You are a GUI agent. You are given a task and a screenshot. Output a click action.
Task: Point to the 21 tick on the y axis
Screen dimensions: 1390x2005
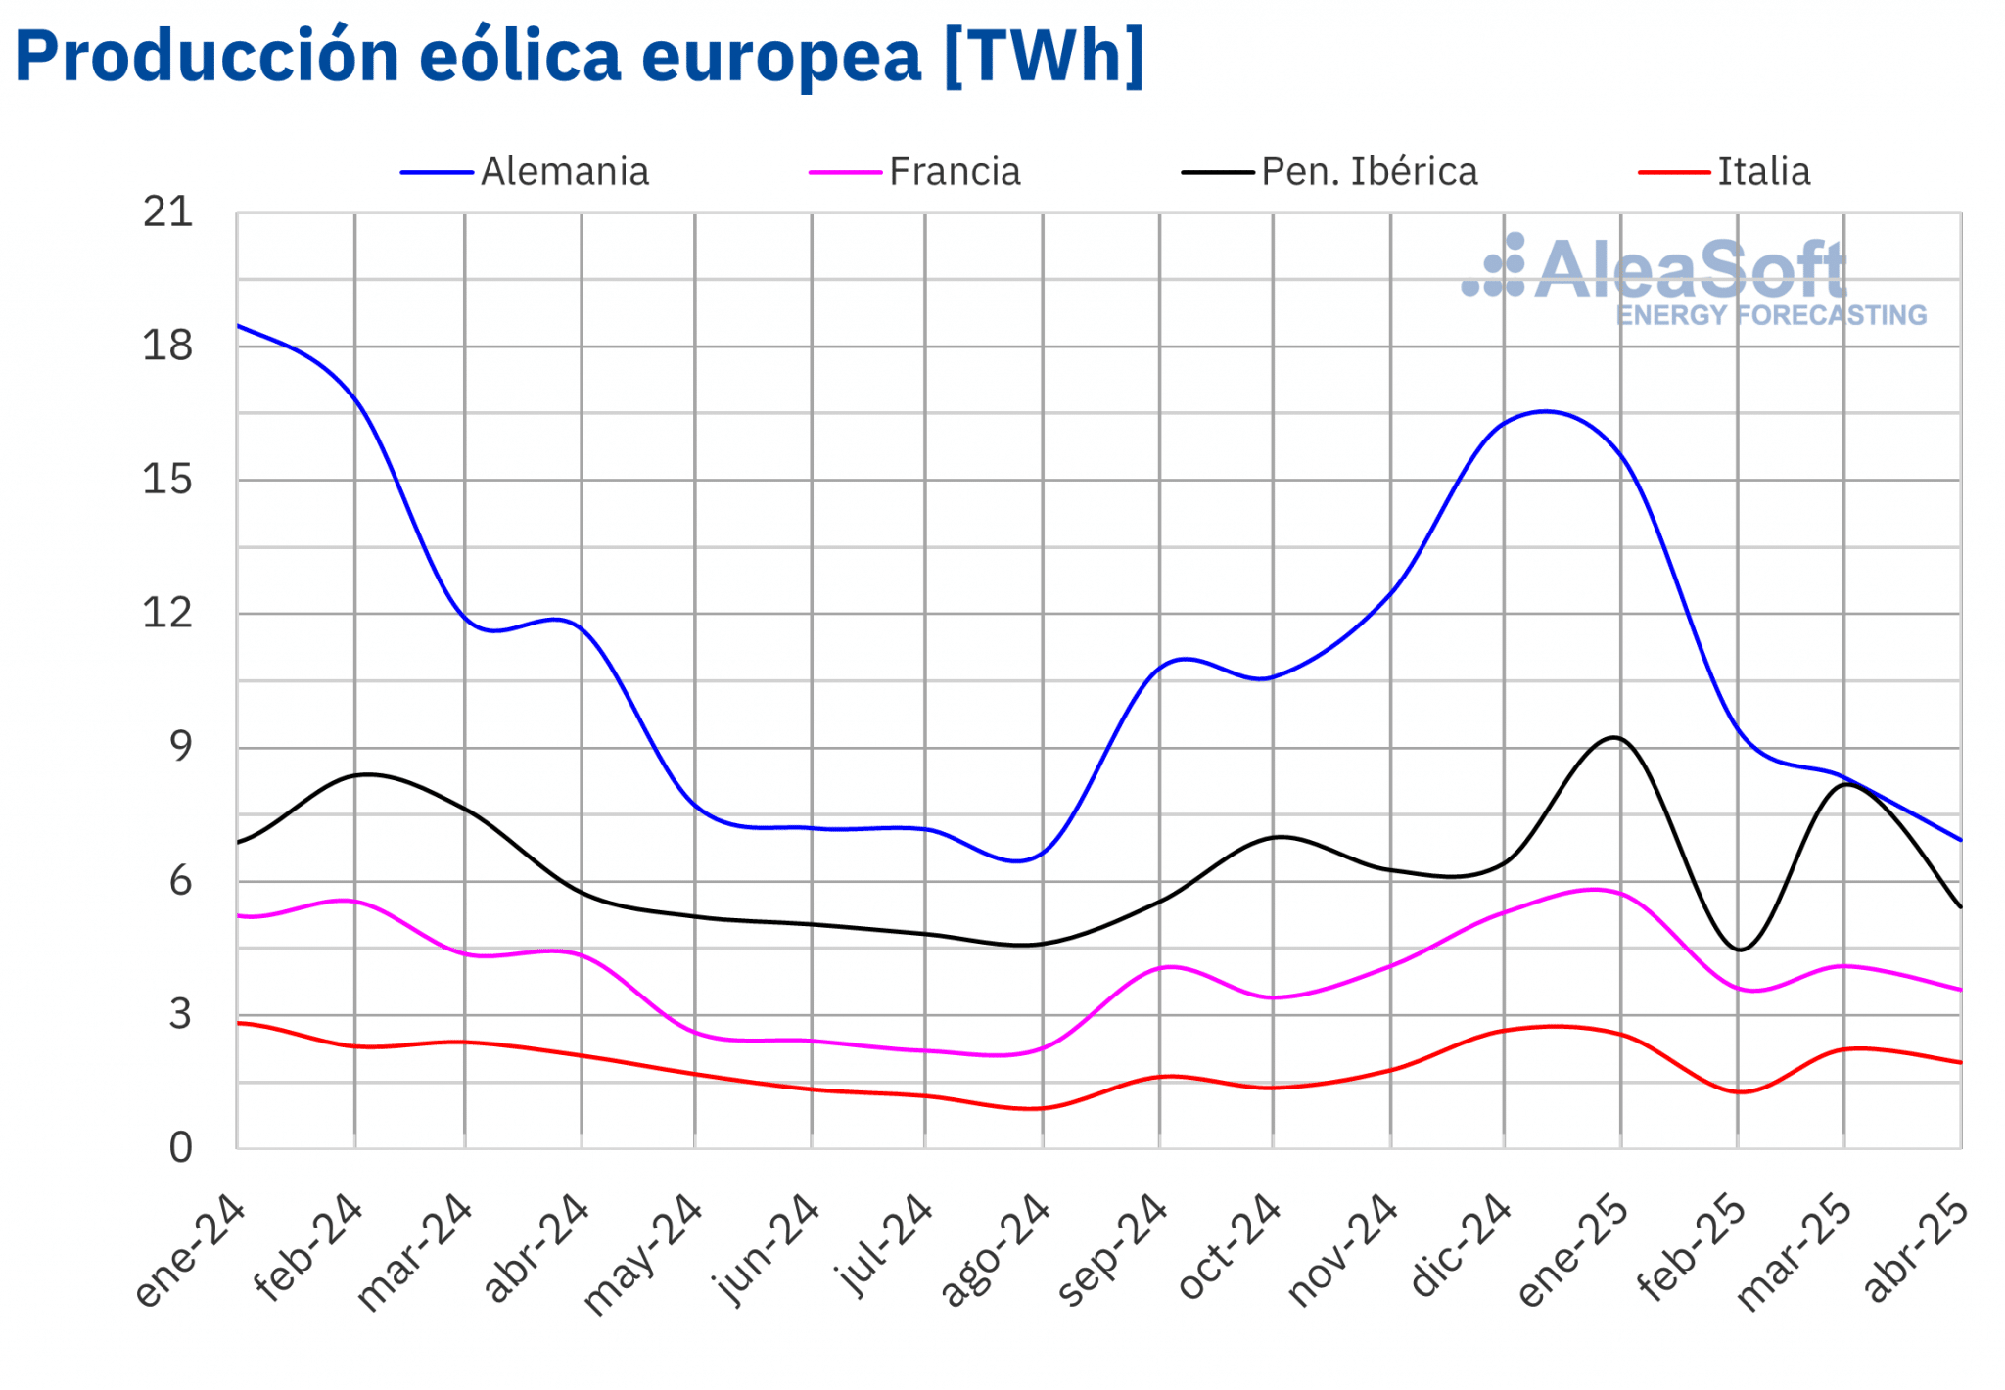coord(167,212)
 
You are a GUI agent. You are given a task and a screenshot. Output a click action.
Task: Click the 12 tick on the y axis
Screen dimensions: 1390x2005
coord(167,614)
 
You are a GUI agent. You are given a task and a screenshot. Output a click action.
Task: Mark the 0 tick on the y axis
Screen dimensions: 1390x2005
coord(180,1147)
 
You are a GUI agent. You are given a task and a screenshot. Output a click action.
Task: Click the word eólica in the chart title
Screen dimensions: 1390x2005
coord(520,56)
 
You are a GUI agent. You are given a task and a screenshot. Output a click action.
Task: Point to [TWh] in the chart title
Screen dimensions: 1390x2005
coord(1044,56)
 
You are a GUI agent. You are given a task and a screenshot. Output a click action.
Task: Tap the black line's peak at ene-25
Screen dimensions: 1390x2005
coord(1613,738)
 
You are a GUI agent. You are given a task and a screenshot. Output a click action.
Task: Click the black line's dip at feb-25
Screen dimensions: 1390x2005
coord(1739,950)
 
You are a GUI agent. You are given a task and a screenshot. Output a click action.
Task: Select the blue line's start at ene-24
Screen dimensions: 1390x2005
coord(238,326)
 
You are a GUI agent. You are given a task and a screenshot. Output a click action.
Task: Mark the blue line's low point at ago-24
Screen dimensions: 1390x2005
coord(1018,861)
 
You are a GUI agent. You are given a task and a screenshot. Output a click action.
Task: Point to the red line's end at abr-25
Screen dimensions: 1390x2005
coord(1960,1062)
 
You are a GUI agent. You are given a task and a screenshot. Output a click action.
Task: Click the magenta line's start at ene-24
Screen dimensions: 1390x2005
coord(238,915)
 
